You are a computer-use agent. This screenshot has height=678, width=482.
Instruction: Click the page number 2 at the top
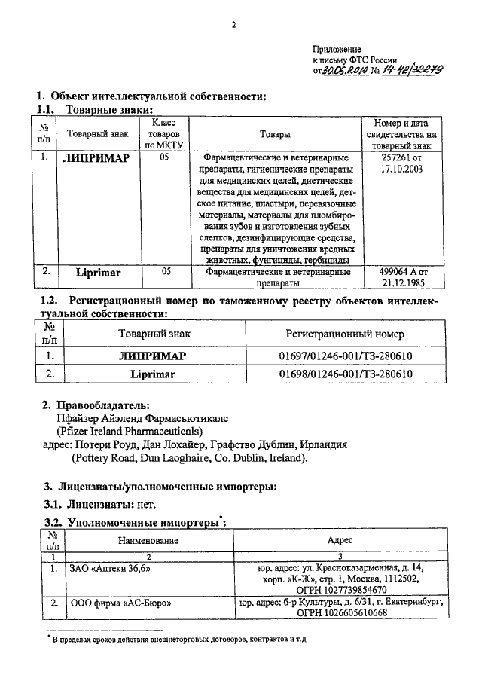234,25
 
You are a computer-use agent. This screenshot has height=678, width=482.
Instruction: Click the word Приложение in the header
337,47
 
